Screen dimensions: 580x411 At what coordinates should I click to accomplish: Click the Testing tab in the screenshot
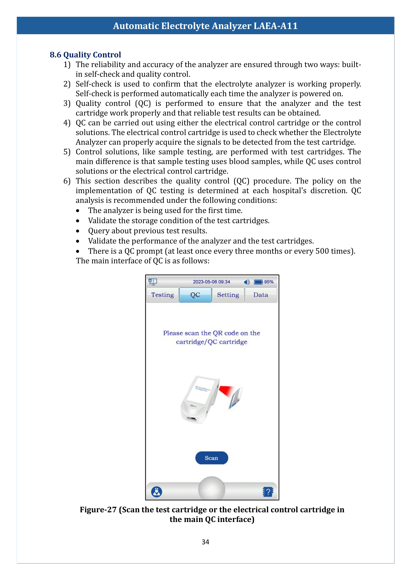pos(163,295)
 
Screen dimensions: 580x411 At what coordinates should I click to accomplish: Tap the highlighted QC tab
pos(195,295)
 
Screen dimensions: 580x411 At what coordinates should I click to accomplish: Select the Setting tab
pos(228,295)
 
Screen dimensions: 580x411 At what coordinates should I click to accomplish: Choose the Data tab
pos(261,295)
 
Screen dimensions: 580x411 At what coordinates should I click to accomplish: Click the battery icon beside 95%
pos(258,282)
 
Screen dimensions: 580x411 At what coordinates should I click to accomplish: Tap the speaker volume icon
pos(247,282)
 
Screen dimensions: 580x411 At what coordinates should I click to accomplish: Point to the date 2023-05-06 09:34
pos(211,282)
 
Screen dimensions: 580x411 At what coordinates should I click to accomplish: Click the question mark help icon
pos(268,492)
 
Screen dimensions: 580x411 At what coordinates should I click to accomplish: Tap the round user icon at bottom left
pos(157,492)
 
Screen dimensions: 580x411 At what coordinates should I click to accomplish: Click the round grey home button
pos(211,489)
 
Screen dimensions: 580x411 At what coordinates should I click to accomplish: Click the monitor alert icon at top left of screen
pos(153,281)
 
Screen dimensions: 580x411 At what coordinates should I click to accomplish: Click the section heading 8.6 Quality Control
pos(85,55)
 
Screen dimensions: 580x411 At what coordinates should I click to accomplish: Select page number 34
pos(205,542)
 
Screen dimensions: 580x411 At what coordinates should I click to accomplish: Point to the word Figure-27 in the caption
pos(98,510)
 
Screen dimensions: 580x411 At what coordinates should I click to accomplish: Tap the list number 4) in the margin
pos(67,123)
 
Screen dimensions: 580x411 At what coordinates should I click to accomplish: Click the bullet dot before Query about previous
pos(78,231)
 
